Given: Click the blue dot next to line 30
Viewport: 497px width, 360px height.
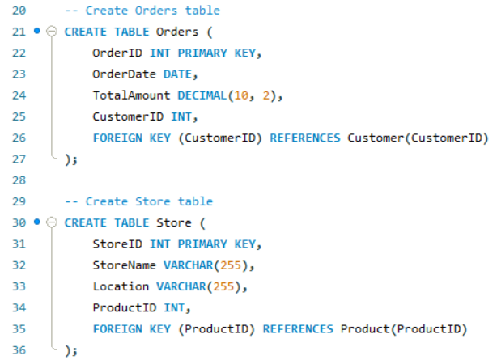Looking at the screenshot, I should pyautogui.click(x=37, y=222).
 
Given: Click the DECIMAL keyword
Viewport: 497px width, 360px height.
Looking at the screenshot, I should pyautogui.click(x=203, y=95).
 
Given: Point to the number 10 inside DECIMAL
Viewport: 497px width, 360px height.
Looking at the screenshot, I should pyautogui.click(x=241, y=95).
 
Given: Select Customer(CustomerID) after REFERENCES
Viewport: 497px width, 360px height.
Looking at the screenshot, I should pyautogui.click(x=418, y=138).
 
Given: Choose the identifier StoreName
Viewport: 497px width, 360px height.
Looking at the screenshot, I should pyautogui.click(x=125, y=265).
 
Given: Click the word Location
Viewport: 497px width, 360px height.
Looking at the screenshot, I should pyautogui.click(x=121, y=286).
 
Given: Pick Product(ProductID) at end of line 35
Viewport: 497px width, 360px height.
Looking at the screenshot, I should pyautogui.click(x=404, y=328).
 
